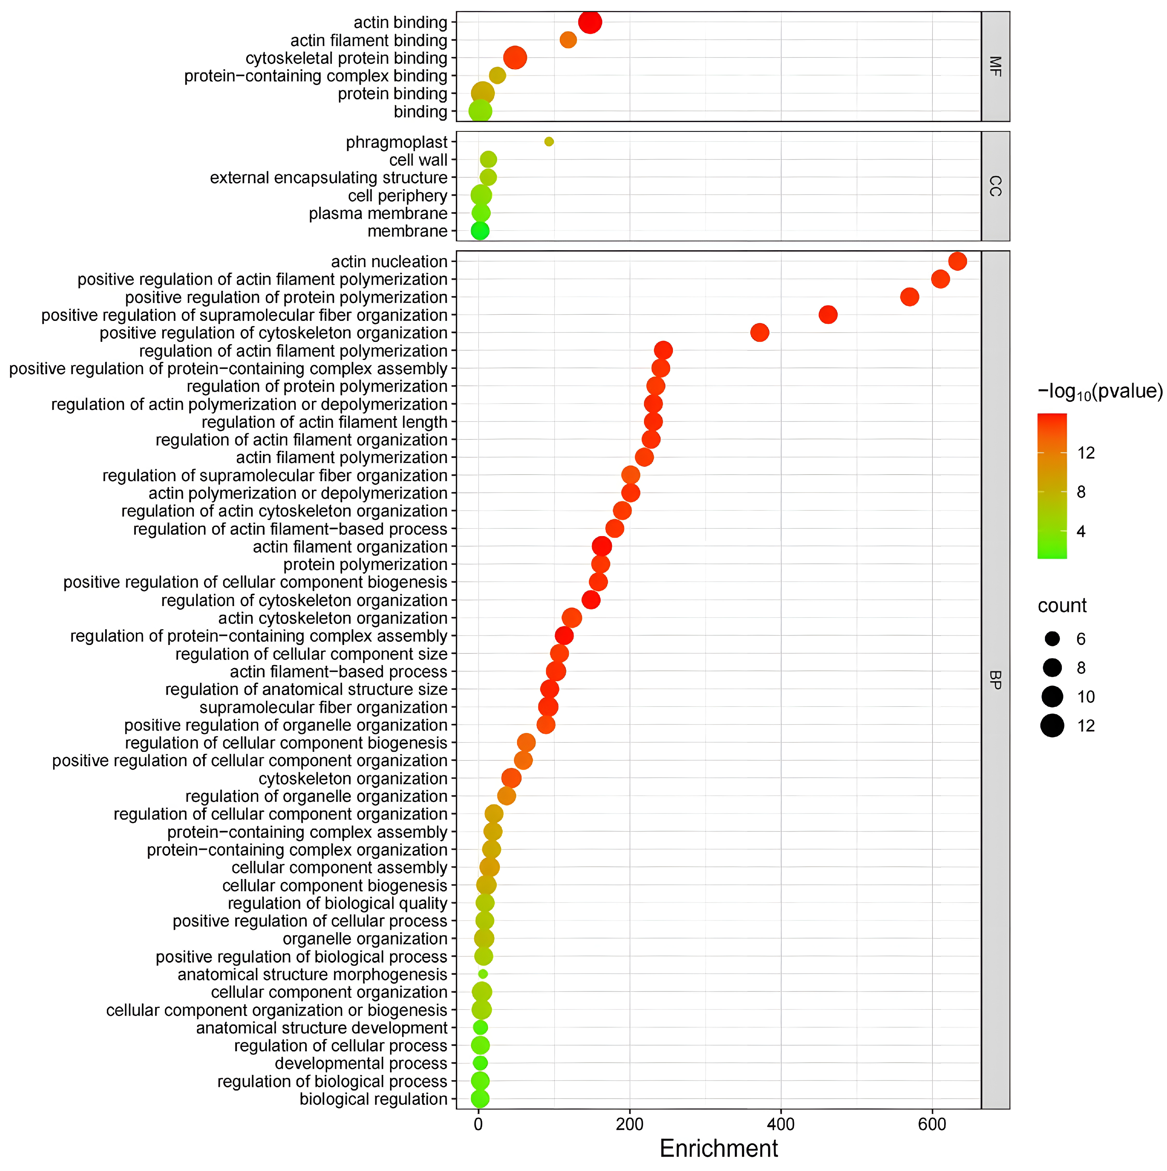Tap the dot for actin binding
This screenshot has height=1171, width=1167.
pyautogui.click(x=590, y=22)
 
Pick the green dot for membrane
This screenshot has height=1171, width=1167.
pyautogui.click(x=479, y=231)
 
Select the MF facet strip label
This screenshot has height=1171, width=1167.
pyautogui.click(x=995, y=66)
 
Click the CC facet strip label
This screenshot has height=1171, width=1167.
pyautogui.click(x=995, y=186)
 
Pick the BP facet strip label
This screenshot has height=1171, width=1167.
pyautogui.click(x=995, y=679)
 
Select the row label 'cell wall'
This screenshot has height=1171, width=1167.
pyautogui.click(x=418, y=160)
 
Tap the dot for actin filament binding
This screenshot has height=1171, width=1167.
pyautogui.click(x=568, y=40)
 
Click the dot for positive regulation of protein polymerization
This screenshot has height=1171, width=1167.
pyautogui.click(x=909, y=297)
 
